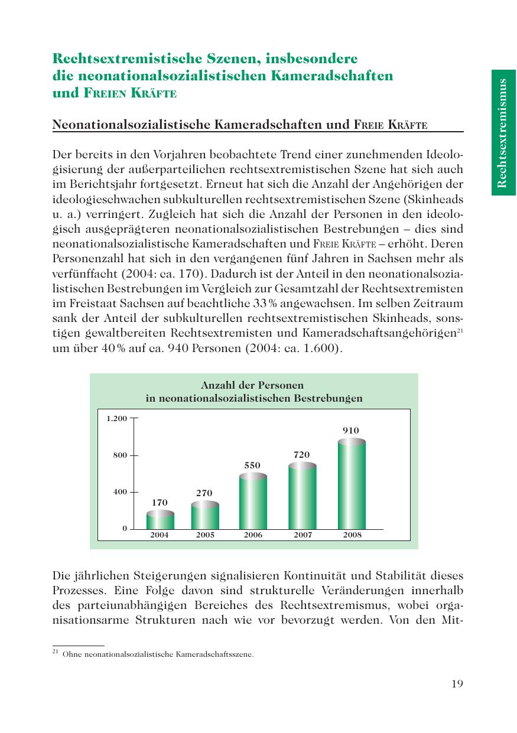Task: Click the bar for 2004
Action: click(x=160, y=520)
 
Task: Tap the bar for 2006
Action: click(x=252, y=502)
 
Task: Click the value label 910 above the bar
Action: click(x=351, y=431)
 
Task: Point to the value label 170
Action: click(x=160, y=503)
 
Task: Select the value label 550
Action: click(x=252, y=465)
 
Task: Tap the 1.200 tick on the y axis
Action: click(x=116, y=419)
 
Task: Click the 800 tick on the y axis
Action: click(x=121, y=455)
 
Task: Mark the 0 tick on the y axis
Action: click(x=125, y=529)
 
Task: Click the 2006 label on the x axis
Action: click(x=253, y=535)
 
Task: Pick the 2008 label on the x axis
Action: click(x=352, y=535)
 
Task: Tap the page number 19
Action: click(x=457, y=684)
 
